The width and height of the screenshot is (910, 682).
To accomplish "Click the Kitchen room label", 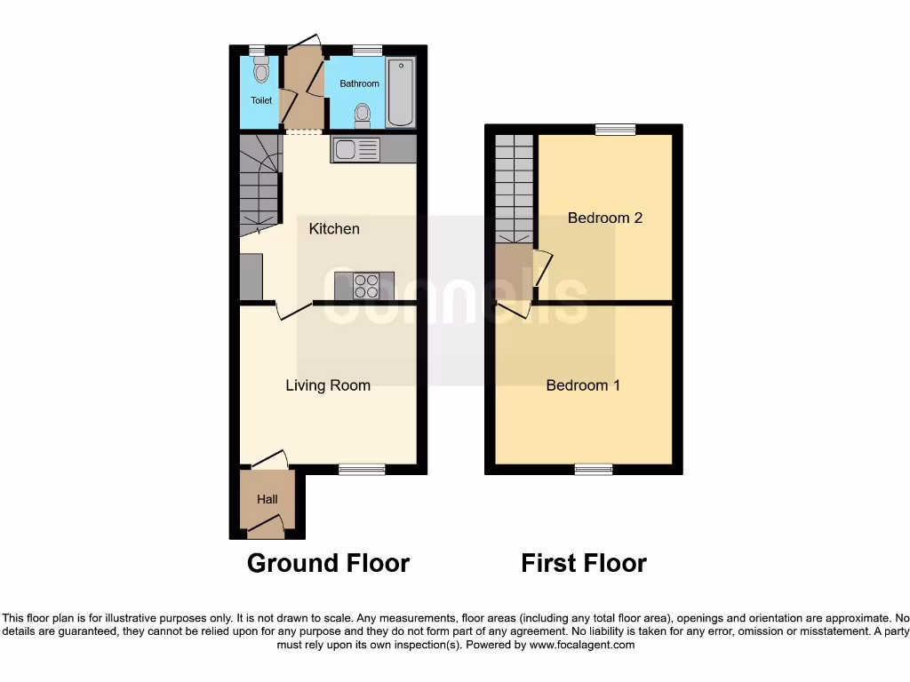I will (334, 229).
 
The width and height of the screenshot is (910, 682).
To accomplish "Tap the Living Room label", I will (328, 385).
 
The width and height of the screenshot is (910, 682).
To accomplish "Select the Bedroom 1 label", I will (583, 385).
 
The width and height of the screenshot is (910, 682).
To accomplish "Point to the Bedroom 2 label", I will (605, 218).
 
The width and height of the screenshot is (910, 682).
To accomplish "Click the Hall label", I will (267, 500).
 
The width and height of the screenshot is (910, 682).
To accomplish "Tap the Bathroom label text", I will (359, 84).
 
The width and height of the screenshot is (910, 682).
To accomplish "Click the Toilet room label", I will (261, 101).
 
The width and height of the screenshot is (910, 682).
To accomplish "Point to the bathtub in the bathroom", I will (401, 93).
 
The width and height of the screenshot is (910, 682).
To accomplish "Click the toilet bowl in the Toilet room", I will (260, 70).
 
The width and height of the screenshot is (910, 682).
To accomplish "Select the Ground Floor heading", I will (328, 563).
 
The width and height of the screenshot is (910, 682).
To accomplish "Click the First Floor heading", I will (584, 563).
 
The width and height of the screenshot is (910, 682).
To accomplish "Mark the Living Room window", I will (362, 469).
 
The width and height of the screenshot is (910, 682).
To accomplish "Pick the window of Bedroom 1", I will (593, 469).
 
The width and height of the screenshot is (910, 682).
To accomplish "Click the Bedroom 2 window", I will (615, 130).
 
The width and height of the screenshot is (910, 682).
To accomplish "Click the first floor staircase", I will (513, 188).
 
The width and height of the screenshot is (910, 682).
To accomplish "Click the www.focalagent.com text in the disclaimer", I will (582, 646).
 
